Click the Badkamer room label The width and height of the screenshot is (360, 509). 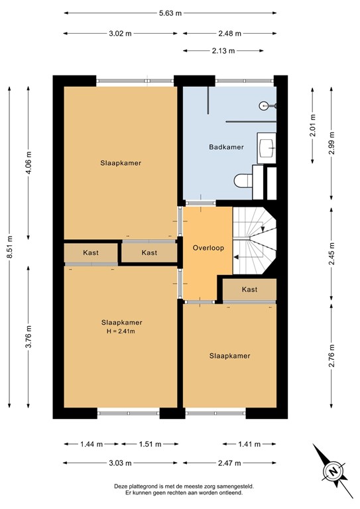tap(225, 147)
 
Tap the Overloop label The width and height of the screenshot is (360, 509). tap(208, 248)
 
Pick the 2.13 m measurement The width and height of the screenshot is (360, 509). tap(229, 50)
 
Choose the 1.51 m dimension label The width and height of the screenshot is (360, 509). tap(149, 444)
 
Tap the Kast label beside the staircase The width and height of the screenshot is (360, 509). tap(249, 290)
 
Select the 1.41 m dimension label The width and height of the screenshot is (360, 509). tap(249, 444)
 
